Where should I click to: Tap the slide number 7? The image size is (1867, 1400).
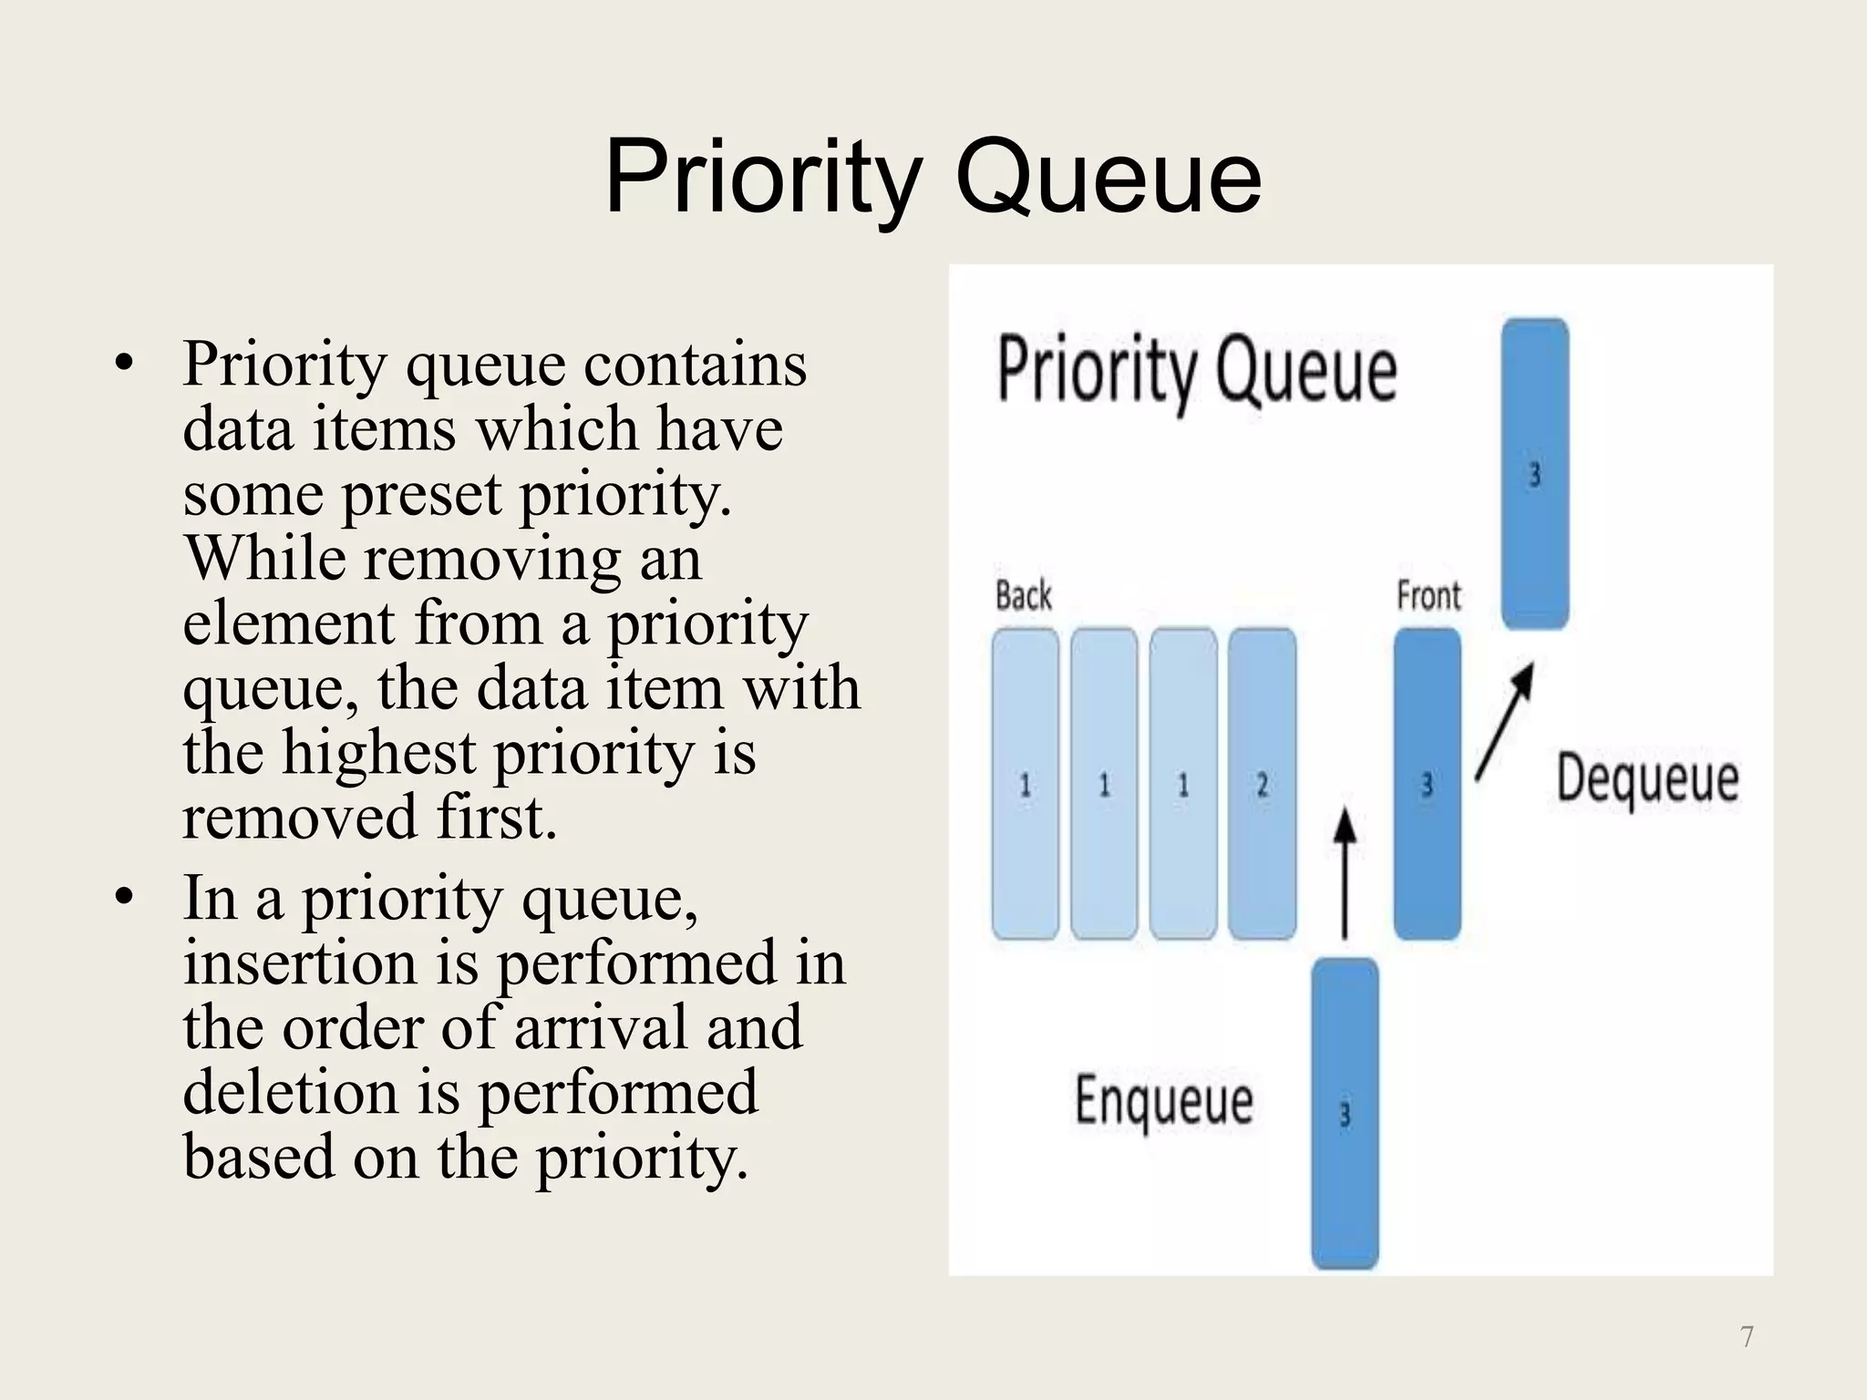1747,1337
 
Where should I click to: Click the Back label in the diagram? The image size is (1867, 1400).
1023,596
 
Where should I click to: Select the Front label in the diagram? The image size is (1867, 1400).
1428,596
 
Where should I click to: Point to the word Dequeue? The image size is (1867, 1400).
1646,779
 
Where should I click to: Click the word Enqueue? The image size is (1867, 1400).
1164,1101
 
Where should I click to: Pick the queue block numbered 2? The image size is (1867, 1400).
1262,784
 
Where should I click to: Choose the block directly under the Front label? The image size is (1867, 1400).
1427,784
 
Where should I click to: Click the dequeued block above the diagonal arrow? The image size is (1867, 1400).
1534,474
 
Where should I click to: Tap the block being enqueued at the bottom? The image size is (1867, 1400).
1345,1114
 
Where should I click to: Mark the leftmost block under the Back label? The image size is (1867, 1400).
1025,784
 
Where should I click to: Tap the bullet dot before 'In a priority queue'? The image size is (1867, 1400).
125,900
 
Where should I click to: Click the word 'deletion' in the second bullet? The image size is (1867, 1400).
290,1093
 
